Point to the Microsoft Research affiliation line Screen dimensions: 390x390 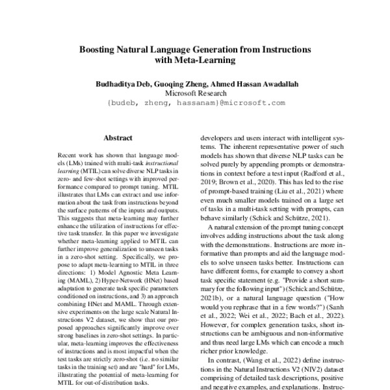[195, 94]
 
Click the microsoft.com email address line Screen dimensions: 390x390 [195, 103]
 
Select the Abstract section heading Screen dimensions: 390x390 [118, 138]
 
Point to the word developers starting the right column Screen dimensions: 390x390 [217, 138]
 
